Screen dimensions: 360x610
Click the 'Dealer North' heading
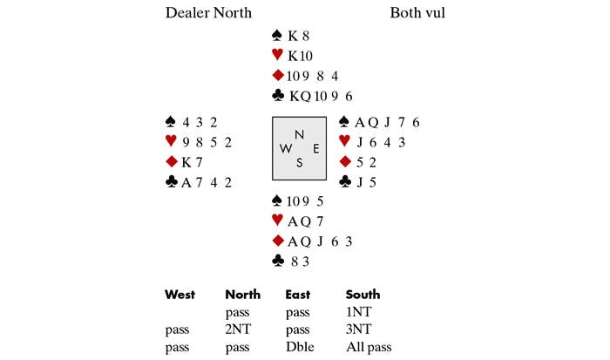click(208, 13)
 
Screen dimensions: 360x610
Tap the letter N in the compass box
click(300, 134)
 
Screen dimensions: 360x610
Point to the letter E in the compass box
click(315, 148)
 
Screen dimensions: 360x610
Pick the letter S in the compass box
click(300, 161)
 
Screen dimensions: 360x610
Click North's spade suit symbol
click(277, 37)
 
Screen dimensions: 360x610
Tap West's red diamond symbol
click(170, 162)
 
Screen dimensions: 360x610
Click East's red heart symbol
click(344, 142)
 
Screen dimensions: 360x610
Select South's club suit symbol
click(277, 261)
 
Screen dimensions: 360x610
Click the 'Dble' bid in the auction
click(298, 347)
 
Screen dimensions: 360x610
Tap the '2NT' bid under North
click(238, 329)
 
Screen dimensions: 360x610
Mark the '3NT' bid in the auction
click(359, 329)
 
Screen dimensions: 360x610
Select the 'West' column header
click(180, 295)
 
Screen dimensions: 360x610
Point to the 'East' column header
click(299, 295)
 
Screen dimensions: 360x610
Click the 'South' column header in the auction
click(363, 295)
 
